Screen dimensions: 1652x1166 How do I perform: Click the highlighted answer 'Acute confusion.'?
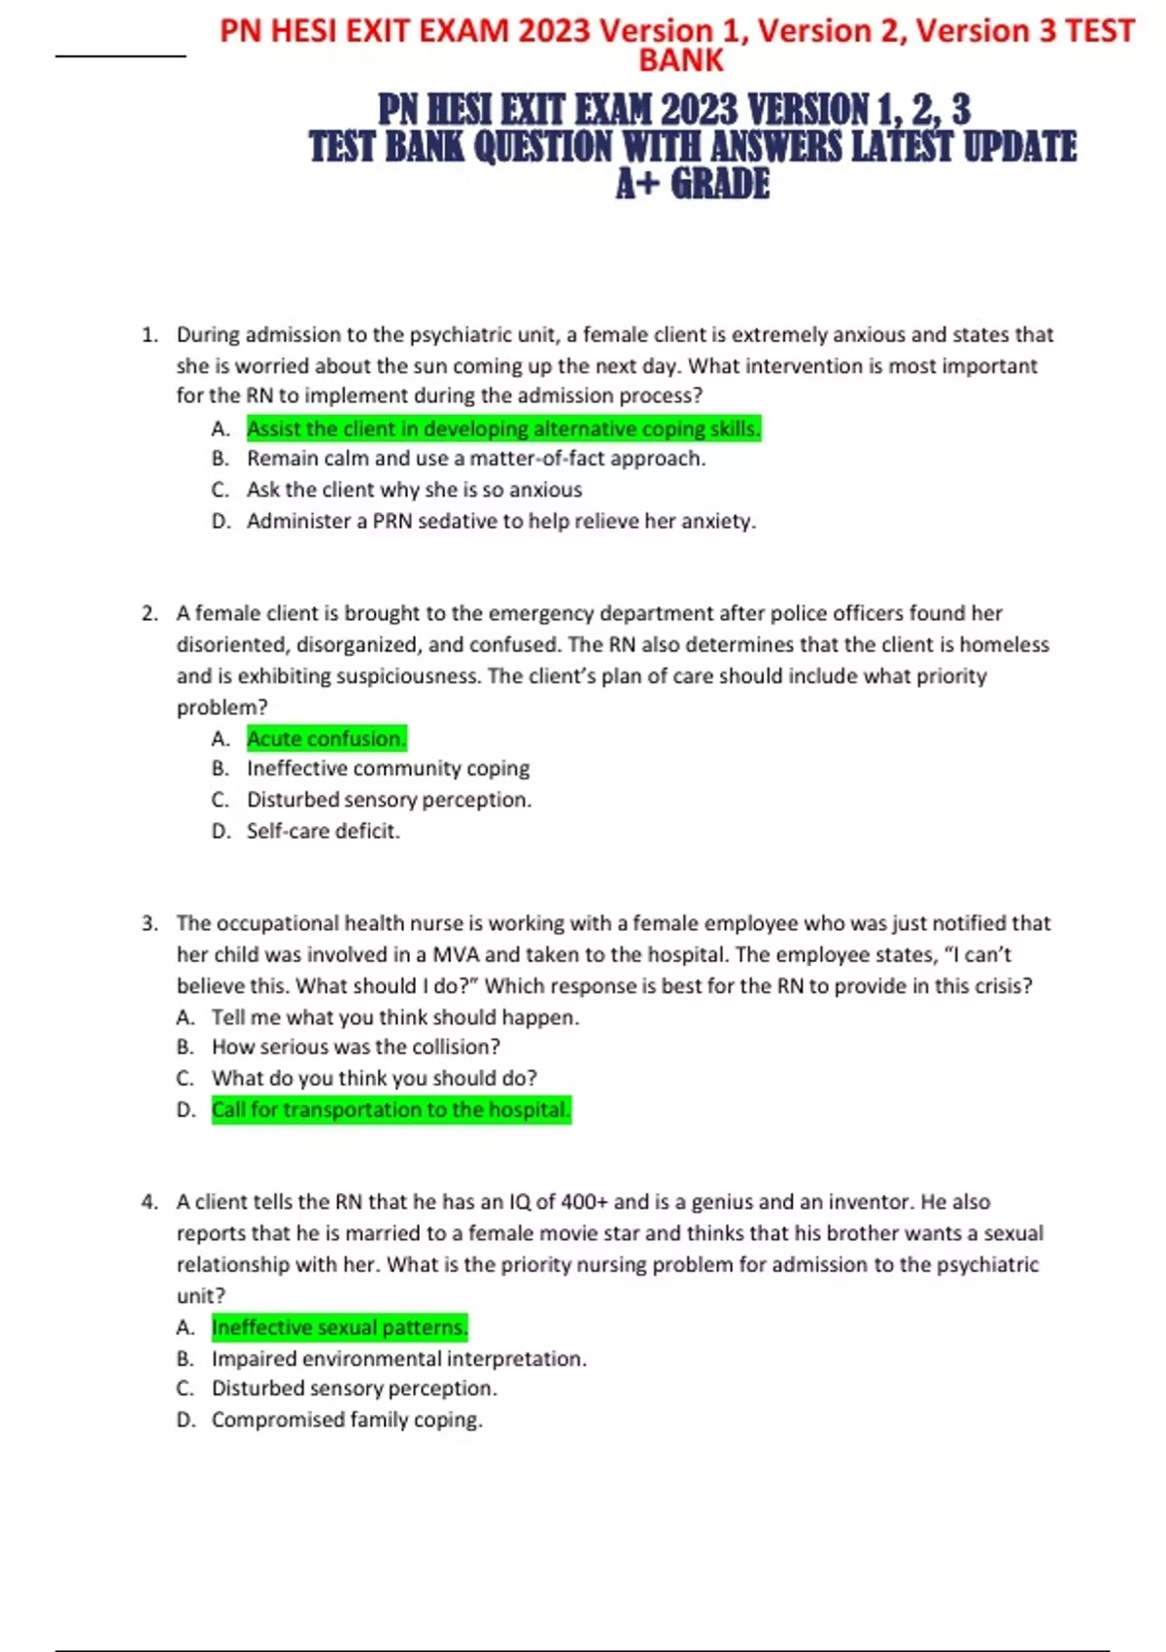(326, 739)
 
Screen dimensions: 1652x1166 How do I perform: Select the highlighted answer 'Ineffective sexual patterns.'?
(339, 1327)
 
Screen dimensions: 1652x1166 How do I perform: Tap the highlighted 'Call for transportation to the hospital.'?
(391, 1110)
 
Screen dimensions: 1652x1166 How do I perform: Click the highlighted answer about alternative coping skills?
(503, 429)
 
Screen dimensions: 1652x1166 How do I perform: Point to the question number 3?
(149, 923)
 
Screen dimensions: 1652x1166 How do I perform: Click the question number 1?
(149, 335)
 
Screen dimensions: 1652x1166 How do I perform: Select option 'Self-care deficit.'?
(323, 831)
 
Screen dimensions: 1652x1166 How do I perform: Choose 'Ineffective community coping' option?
(388, 769)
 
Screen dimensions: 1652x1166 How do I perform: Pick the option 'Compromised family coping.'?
(347, 1420)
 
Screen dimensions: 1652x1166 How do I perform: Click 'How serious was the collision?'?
(356, 1048)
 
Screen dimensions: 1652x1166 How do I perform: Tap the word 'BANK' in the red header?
(680, 60)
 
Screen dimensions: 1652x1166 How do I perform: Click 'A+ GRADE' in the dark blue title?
(692, 185)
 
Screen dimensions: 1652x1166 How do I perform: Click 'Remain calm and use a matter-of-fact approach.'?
(476, 459)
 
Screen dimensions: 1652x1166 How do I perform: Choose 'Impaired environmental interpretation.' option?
(398, 1359)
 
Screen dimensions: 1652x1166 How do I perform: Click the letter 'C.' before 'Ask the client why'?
(220, 490)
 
